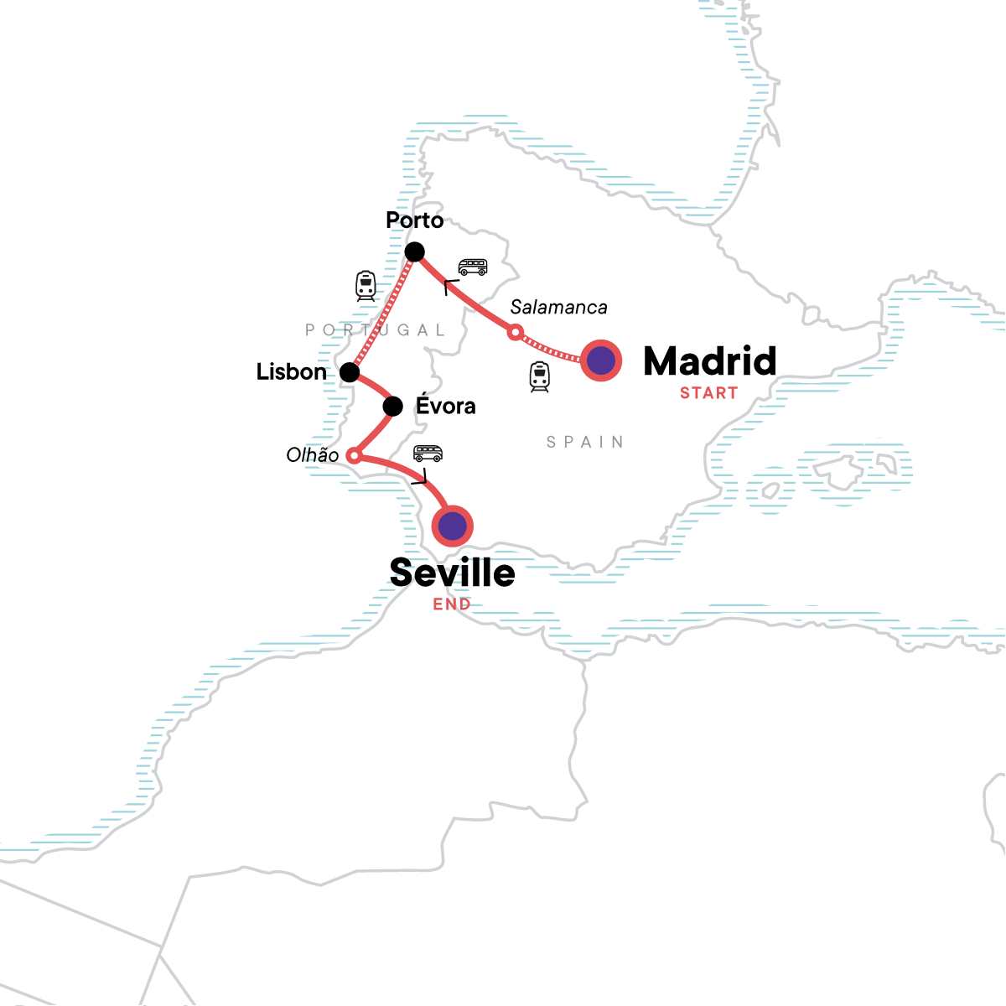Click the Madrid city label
pyautogui.click(x=709, y=361)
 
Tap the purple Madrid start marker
pyautogui.click(x=601, y=361)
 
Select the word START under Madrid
pyautogui.click(x=708, y=393)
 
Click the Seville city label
pyautogui.click(x=453, y=573)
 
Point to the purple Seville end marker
pyautogui.click(x=453, y=526)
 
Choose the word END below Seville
pyautogui.click(x=452, y=604)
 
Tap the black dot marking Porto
pyautogui.click(x=414, y=251)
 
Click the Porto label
pyautogui.click(x=414, y=220)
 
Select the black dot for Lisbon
pyautogui.click(x=350, y=372)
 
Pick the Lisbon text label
pyautogui.click(x=292, y=372)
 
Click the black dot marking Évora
pyautogui.click(x=392, y=407)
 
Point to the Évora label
pyautogui.click(x=445, y=407)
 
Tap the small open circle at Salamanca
pyautogui.click(x=516, y=332)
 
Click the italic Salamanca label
pyautogui.click(x=558, y=308)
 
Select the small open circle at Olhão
pyautogui.click(x=354, y=456)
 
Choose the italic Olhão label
pyautogui.click(x=313, y=455)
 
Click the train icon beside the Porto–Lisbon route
pyautogui.click(x=366, y=286)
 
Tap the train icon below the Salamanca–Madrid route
pyautogui.click(x=539, y=376)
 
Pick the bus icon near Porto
pyautogui.click(x=473, y=267)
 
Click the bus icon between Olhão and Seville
pyautogui.click(x=428, y=454)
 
